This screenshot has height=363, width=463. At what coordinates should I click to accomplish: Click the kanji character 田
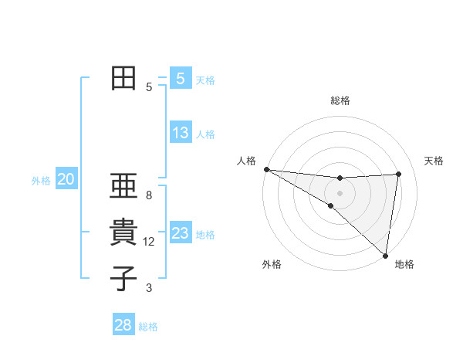(x=123, y=78)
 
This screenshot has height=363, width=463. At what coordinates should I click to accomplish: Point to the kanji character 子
(x=123, y=278)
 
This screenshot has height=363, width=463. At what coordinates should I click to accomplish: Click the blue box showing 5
(x=180, y=79)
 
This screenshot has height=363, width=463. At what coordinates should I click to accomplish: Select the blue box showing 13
(x=180, y=133)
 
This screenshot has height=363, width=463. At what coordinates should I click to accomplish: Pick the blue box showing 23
(x=180, y=233)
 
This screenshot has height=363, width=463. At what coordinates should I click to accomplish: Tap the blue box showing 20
(x=66, y=180)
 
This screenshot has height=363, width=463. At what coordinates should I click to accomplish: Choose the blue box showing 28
(x=123, y=325)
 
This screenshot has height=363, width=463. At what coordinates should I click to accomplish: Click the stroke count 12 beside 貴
(x=149, y=242)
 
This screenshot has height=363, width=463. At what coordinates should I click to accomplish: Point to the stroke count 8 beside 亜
(x=149, y=195)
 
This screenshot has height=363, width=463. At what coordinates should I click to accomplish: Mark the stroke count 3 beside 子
(x=149, y=288)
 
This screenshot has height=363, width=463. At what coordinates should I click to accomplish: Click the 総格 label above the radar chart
(x=340, y=100)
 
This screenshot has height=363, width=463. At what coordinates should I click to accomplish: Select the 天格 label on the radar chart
(x=434, y=161)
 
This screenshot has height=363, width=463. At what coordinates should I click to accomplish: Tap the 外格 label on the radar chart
(x=272, y=264)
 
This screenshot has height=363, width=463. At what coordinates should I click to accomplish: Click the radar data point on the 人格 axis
(x=266, y=169)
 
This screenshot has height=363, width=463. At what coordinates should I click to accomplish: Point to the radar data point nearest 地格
(x=384, y=255)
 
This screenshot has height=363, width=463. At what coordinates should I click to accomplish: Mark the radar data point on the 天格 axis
(x=399, y=174)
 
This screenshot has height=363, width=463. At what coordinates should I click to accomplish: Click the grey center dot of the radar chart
(x=340, y=193)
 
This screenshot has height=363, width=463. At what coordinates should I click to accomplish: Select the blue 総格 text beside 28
(x=148, y=327)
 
